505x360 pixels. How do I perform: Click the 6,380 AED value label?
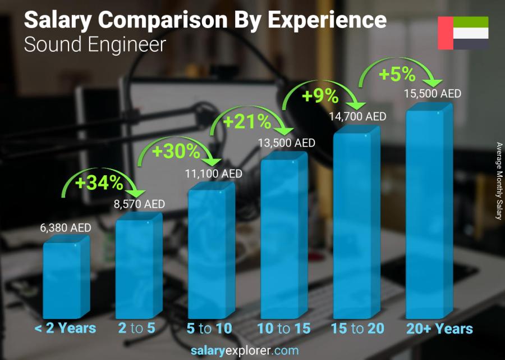(x=66, y=228)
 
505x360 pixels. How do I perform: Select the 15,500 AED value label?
(x=433, y=93)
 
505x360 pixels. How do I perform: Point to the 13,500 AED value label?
(x=287, y=143)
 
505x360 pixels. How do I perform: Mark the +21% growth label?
(x=247, y=121)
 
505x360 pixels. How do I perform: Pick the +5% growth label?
(x=397, y=74)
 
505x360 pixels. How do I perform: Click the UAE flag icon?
(x=463, y=33)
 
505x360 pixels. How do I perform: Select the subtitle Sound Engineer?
(x=95, y=44)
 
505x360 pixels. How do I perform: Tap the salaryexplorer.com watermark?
(x=252, y=350)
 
